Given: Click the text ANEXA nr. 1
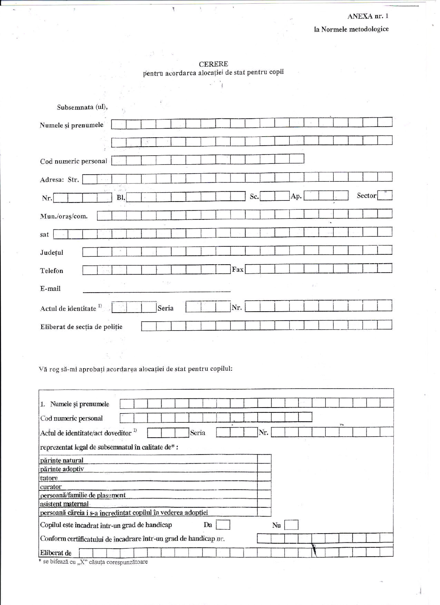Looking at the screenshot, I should point(368,16).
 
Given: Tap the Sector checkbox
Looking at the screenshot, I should point(385,195).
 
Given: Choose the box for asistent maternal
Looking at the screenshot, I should point(264,504).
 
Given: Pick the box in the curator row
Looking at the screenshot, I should point(264,486).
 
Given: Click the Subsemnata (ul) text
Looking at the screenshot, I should point(82,107).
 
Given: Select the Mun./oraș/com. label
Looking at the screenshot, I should point(64,216).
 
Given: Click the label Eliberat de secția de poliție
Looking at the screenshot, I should point(81,327).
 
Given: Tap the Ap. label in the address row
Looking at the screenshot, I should point(296,196).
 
